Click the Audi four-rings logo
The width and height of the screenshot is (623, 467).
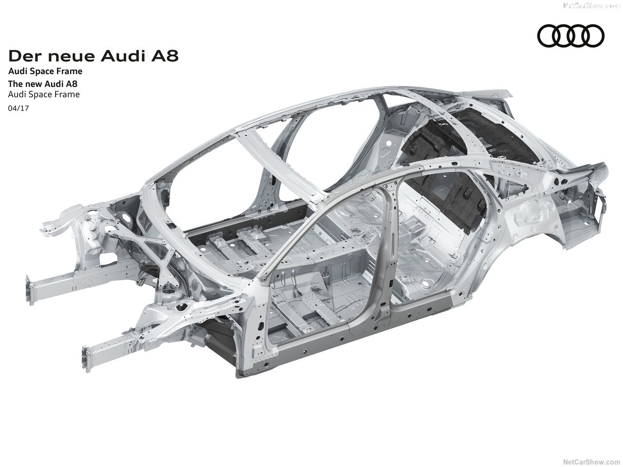pyautogui.click(x=570, y=36)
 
